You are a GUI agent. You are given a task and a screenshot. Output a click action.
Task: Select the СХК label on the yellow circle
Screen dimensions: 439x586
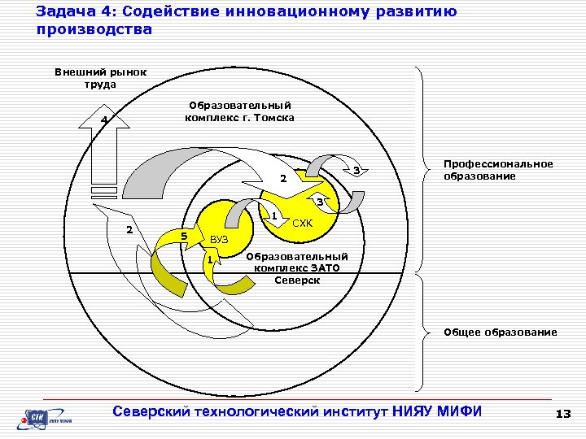click(x=303, y=222)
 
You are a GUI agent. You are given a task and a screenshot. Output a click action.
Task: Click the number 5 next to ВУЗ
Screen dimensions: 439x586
click(x=184, y=237)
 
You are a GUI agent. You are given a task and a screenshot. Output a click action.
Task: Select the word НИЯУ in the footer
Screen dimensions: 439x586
click(x=413, y=411)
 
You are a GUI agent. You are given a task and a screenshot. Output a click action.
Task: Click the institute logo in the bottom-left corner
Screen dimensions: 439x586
click(x=48, y=419)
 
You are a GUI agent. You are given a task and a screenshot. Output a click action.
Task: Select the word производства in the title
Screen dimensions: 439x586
click(x=94, y=29)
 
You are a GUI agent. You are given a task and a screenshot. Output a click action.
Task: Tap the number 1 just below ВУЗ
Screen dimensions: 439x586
click(x=210, y=260)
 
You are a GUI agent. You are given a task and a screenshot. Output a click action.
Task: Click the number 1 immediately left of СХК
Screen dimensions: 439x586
click(x=275, y=216)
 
